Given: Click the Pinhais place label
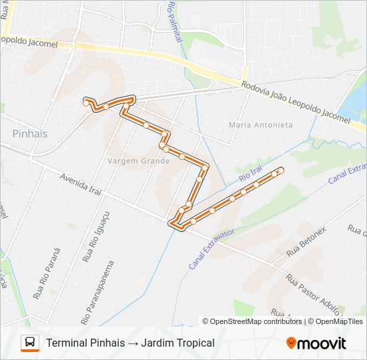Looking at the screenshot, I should (x=30, y=133).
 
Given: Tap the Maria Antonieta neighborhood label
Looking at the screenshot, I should (x=260, y=125).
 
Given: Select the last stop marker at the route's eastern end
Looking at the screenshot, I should (x=280, y=170).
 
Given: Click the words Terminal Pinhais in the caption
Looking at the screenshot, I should (x=85, y=343).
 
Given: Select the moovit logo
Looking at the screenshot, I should (x=316, y=343).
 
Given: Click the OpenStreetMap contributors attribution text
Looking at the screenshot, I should (x=256, y=321).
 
